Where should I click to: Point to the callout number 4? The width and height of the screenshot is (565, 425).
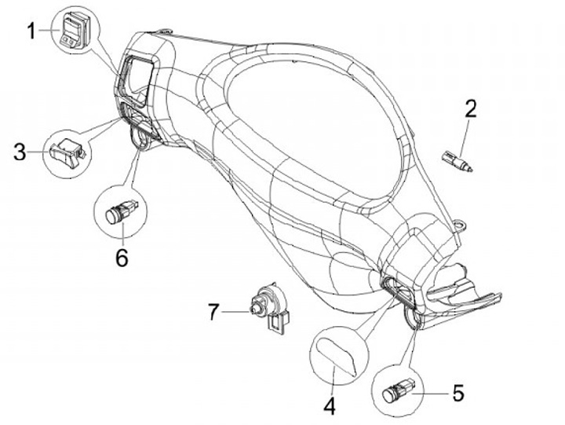pyautogui.click(x=330, y=406)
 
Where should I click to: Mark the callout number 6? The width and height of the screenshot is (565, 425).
pyautogui.click(x=122, y=256)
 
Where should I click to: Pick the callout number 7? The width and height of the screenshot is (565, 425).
pyautogui.click(x=212, y=313)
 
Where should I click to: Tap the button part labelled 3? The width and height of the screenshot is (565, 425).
pyautogui.click(x=65, y=148)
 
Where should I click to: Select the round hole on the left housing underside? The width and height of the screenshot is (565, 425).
pyautogui.click(x=142, y=139)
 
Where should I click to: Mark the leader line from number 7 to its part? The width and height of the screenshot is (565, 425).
pyautogui.click(x=235, y=313)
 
